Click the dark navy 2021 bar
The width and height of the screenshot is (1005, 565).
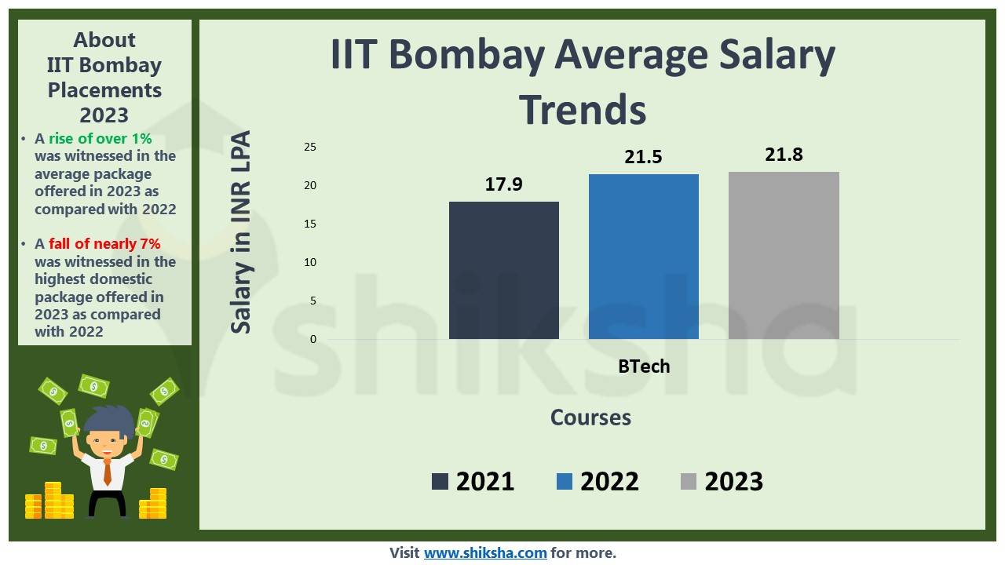coord(503,270)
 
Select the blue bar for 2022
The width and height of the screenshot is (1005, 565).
coord(643,257)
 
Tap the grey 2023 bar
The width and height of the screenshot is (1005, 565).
coord(784,255)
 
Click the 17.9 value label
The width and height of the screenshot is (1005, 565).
coord(503,185)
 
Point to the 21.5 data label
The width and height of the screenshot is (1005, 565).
coord(643,157)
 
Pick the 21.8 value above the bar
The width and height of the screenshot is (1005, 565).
coord(784,155)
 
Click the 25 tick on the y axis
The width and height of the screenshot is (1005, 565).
coord(310,147)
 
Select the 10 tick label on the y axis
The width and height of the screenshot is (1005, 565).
coord(310,262)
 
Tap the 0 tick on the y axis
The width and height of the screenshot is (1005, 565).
coord(313,339)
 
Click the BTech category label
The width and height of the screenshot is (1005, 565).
coord(644,366)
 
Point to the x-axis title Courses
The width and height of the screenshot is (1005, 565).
coord(590,417)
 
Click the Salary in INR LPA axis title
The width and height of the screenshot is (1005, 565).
coord(241,232)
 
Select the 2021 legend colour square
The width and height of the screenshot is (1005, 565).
coord(440,481)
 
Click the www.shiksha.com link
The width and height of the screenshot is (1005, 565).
coord(485,552)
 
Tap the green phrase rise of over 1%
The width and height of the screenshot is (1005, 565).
coord(100,139)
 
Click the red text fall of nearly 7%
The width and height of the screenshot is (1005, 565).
coord(104,244)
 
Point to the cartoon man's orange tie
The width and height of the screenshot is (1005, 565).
coord(108,471)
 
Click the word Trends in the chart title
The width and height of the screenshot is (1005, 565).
coord(583,109)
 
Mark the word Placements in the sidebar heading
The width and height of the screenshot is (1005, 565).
coord(104,90)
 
